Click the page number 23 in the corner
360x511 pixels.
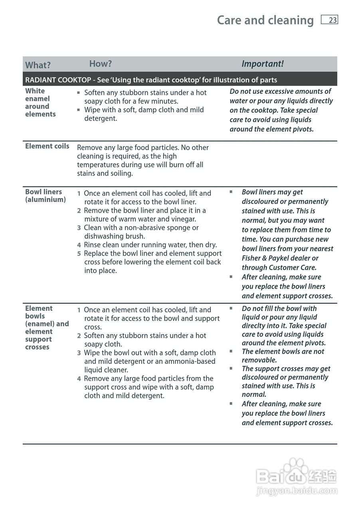click(x=332, y=20)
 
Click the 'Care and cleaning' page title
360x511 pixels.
click(x=265, y=20)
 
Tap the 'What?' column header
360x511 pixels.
click(x=38, y=65)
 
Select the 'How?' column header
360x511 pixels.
click(x=100, y=63)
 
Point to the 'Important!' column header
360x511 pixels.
click(x=263, y=64)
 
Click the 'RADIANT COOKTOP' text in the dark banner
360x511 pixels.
click(x=58, y=80)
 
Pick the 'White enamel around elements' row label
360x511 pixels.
click(x=40, y=103)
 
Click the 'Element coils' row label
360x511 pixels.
click(x=47, y=146)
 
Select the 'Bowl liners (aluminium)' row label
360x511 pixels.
click(x=45, y=196)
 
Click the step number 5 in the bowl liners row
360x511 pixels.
click(x=79, y=254)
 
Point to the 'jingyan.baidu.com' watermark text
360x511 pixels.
click(x=297, y=491)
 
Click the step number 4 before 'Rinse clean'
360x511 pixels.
click(x=79, y=245)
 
